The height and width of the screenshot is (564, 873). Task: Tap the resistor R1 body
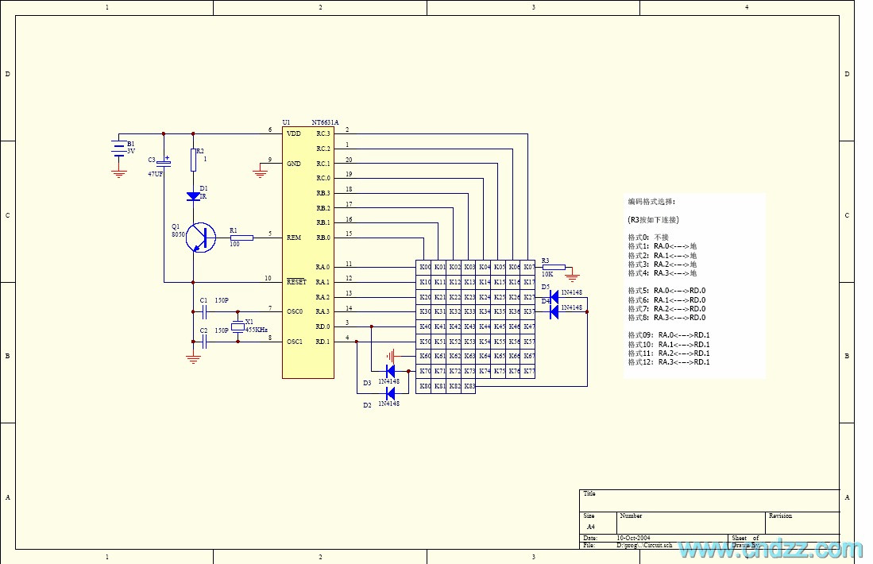(x=241, y=238)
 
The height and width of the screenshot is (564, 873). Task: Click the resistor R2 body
(x=193, y=161)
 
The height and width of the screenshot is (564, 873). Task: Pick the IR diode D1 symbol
(x=193, y=195)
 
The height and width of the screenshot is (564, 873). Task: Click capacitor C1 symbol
(x=205, y=311)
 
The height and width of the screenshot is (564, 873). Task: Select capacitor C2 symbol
(x=205, y=342)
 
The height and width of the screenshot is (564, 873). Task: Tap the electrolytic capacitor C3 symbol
(x=164, y=163)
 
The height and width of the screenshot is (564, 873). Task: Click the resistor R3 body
(x=553, y=267)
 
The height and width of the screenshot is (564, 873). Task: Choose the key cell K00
(x=425, y=268)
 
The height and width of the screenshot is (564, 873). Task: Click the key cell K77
(x=529, y=372)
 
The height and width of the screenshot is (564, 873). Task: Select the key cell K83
(x=469, y=387)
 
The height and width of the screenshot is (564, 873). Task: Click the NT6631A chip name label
(x=325, y=122)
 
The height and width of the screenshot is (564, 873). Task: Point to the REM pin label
(x=294, y=238)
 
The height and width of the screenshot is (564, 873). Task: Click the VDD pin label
(x=294, y=133)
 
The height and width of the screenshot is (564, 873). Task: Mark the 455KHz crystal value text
(x=256, y=329)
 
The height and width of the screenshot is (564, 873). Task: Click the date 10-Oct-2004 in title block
(x=633, y=538)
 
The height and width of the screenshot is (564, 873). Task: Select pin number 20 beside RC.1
(x=349, y=160)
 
